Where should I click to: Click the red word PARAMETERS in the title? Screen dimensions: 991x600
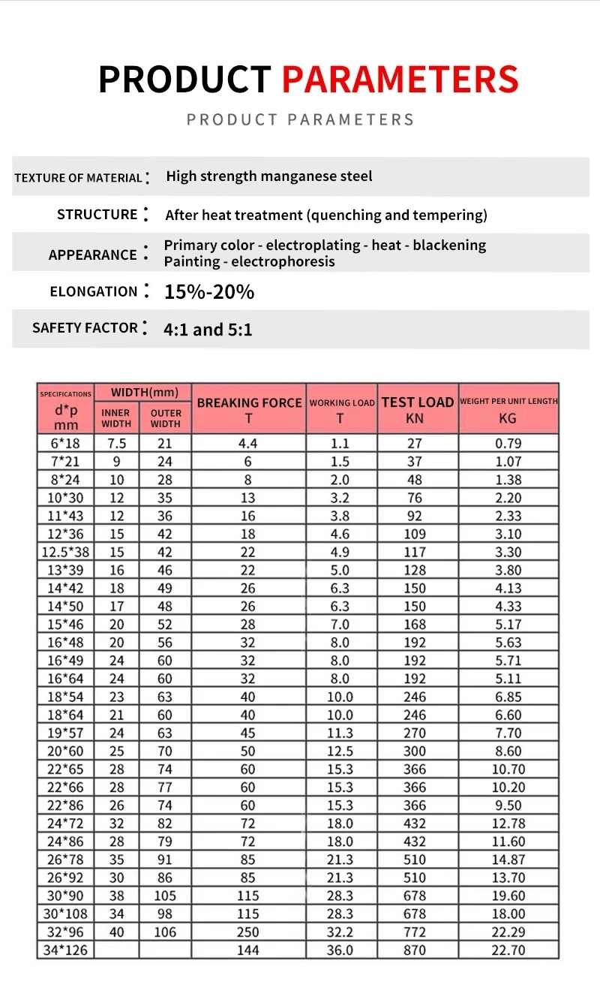400,80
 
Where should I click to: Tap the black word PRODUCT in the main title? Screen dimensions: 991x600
184,80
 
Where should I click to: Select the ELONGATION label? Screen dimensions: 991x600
94,291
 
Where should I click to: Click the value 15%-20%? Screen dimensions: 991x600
209,292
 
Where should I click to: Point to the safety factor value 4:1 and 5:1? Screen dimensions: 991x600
208,329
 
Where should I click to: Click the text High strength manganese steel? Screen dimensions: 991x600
268,176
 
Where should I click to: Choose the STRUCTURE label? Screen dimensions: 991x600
97,215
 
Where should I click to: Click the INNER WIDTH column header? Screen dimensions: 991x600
116,418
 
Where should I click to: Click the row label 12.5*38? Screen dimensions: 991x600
66,552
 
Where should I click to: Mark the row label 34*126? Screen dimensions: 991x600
66,950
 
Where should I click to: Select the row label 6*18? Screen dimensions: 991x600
66,443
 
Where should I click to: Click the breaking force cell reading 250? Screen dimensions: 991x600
248,932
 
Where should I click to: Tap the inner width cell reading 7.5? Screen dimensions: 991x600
117,443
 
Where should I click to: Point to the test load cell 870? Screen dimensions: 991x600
415,950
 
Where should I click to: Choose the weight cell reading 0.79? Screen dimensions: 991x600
508,443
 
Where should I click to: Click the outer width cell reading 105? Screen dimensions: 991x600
165,896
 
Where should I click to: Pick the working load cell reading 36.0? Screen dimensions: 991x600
340,950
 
